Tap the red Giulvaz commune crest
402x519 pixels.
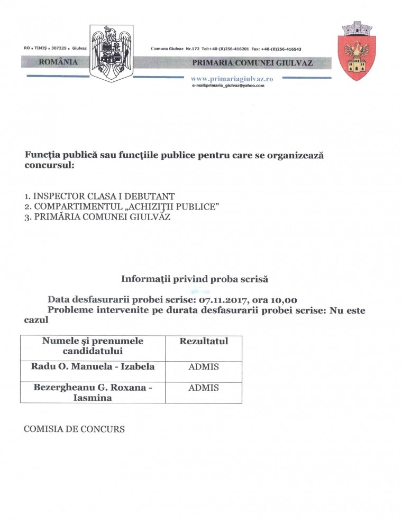[357, 51]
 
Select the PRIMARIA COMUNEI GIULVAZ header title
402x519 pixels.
[253, 63]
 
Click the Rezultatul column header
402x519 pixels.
[204, 341]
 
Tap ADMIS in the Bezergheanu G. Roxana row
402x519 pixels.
[204, 388]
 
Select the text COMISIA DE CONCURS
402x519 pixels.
[75, 429]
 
